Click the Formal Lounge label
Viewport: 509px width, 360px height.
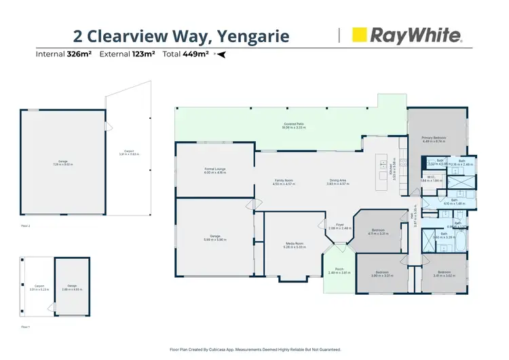215,170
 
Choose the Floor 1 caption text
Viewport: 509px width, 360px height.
25,327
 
